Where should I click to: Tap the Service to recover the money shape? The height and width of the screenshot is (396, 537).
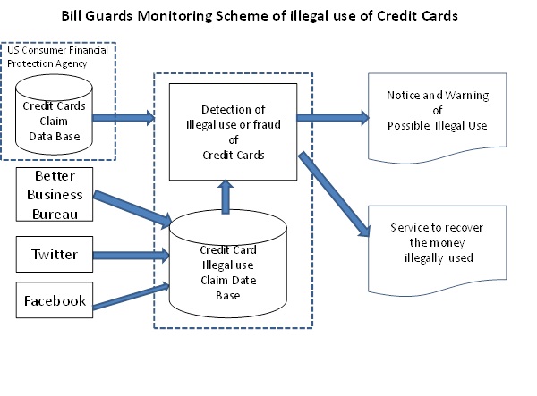(x=438, y=244)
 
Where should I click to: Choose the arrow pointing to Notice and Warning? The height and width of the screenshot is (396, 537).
(x=330, y=115)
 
